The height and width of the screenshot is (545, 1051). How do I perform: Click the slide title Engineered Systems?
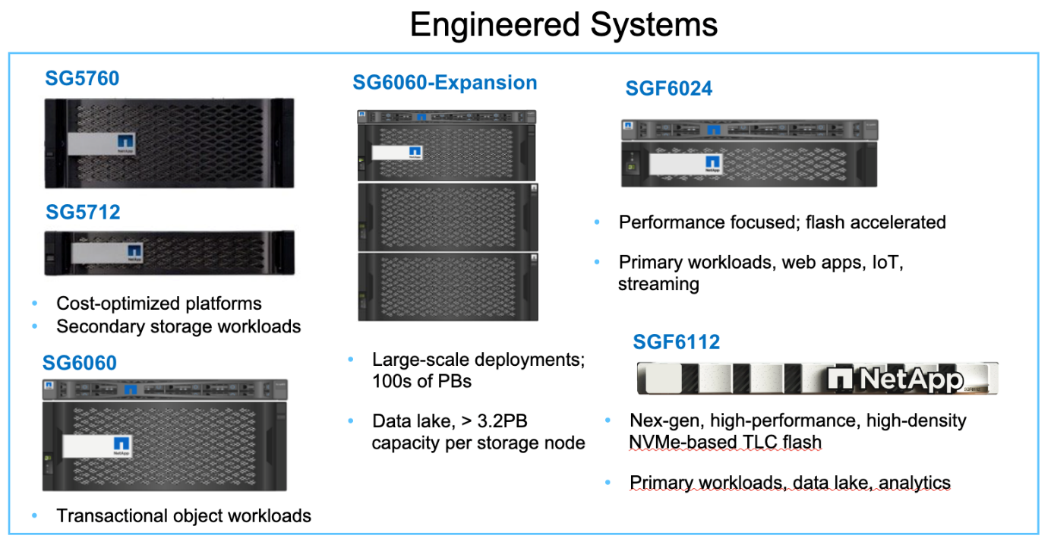click(x=563, y=24)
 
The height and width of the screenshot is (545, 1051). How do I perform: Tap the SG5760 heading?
click(x=82, y=78)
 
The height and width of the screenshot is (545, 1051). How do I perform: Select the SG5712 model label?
click(x=83, y=213)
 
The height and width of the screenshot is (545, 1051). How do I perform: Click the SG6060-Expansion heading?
click(x=444, y=83)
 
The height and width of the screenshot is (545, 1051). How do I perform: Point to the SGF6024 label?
click(x=668, y=89)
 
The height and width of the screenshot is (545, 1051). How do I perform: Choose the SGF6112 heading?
click(x=676, y=343)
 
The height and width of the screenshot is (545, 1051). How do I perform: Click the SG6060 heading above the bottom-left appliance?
click(x=80, y=363)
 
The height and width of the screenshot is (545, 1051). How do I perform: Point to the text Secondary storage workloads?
click(x=178, y=326)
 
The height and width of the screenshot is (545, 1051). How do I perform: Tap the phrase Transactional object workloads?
click(x=184, y=516)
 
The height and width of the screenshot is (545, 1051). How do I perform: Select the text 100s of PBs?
click(x=421, y=381)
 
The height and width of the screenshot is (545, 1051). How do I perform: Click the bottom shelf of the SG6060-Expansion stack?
click(x=448, y=286)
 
